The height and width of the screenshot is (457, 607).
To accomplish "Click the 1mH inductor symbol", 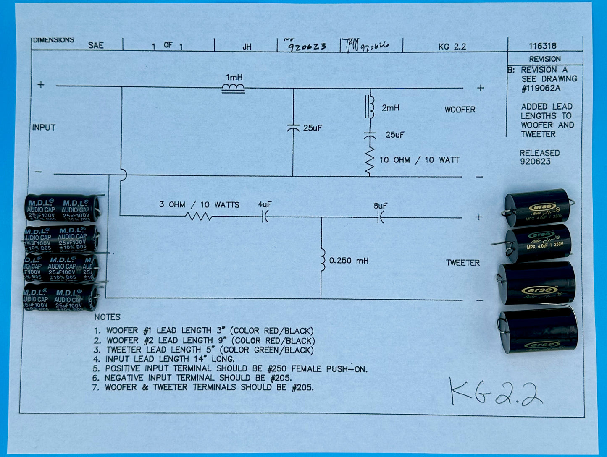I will pyautogui.click(x=233, y=88).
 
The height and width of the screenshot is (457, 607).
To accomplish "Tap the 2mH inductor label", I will pyautogui.click(x=390, y=108).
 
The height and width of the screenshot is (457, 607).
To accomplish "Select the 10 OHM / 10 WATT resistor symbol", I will pyautogui.click(x=370, y=161).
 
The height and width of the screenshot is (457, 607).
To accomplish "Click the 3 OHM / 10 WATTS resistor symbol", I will pyautogui.click(x=198, y=216).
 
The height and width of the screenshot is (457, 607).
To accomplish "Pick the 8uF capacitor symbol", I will pyautogui.click(x=381, y=217).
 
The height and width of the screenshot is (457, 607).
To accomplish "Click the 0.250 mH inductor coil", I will pyautogui.click(x=322, y=261).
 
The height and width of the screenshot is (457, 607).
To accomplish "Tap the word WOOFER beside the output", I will pyautogui.click(x=460, y=110).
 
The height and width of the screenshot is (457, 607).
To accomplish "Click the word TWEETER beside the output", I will pyautogui.click(x=462, y=263).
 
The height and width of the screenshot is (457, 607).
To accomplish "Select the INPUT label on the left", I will pyautogui.click(x=44, y=127).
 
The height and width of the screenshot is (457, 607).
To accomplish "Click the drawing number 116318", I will pyautogui.click(x=542, y=46).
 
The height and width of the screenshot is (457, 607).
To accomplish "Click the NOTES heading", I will pyautogui.click(x=107, y=317).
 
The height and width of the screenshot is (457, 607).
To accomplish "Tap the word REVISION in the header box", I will pyautogui.click(x=544, y=59).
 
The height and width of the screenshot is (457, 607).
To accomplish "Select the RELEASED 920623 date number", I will pyautogui.click(x=535, y=162).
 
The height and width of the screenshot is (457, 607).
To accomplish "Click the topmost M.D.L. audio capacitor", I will pyautogui.click(x=62, y=208).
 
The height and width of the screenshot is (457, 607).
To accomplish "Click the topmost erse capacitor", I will pyautogui.click(x=537, y=208).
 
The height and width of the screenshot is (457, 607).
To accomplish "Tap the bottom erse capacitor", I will pyautogui.click(x=539, y=332).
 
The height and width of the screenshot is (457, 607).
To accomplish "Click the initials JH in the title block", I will pyautogui.click(x=247, y=47).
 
